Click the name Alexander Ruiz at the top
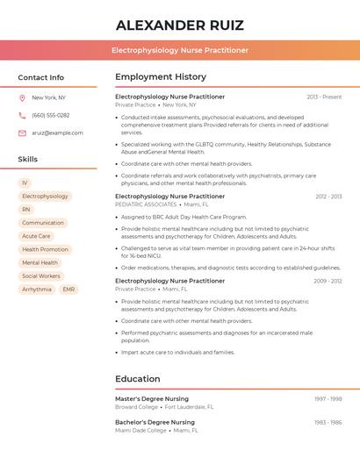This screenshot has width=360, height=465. click(x=180, y=25)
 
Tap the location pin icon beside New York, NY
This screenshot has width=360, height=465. click(x=22, y=97)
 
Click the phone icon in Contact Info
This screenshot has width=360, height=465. click(x=22, y=115)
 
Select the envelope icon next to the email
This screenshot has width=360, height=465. click(x=22, y=132)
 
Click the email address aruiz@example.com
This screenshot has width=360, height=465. click(x=57, y=132)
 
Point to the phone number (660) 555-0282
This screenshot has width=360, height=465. click(x=51, y=115)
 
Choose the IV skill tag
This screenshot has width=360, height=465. click(x=25, y=183)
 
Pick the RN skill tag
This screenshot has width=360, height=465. click(x=26, y=210)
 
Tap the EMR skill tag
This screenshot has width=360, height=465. click(x=68, y=289)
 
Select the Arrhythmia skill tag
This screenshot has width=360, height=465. click(x=37, y=289)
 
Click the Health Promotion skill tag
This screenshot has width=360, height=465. click(x=45, y=249)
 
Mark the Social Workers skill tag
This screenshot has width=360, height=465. click(x=41, y=275)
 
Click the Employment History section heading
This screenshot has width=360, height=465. click(x=161, y=77)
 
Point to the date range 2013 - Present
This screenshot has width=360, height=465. click(x=324, y=97)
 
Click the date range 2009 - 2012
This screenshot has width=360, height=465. click(x=328, y=281)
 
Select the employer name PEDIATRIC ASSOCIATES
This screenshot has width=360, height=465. click(x=146, y=204)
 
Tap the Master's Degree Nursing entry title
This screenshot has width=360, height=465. click(x=152, y=398)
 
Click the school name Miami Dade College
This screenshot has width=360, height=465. click(x=140, y=431)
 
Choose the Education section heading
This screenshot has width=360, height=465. click(x=137, y=379)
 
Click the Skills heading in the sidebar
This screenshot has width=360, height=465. click(x=28, y=160)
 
